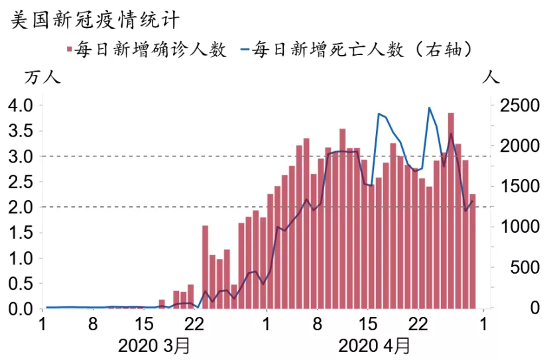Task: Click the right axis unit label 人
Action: [x=492, y=78]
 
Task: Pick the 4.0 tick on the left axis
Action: [x=19, y=105]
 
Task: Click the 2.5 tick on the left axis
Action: [x=19, y=182]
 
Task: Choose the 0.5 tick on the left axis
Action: [x=19, y=284]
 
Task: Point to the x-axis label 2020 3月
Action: [x=153, y=346]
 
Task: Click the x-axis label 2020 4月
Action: [x=374, y=346]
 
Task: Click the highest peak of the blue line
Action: [x=429, y=107]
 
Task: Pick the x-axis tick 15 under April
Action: [x=367, y=326]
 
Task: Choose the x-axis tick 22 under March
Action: [x=193, y=326]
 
